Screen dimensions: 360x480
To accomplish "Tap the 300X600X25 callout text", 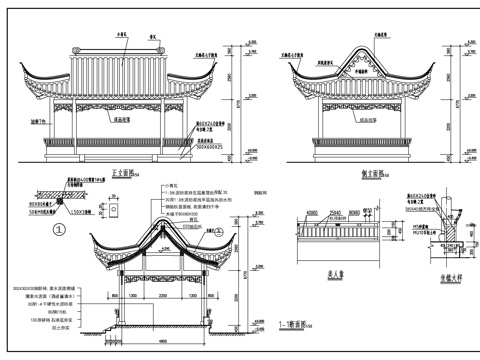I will click(212, 146).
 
